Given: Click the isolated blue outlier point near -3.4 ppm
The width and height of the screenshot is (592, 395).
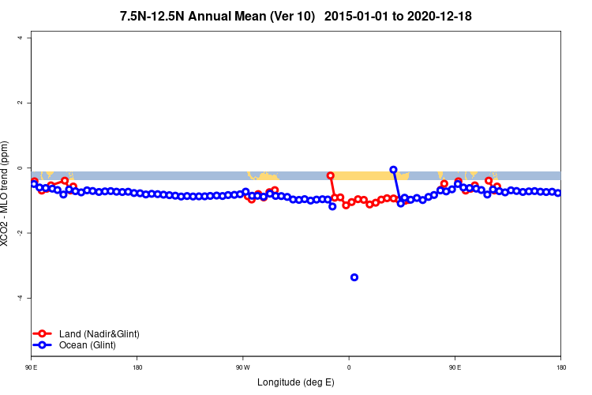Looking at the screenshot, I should click(x=354, y=277).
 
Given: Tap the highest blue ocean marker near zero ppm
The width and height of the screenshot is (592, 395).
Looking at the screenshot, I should click(x=393, y=170).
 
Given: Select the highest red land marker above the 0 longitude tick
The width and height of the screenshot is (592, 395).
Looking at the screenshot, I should click(x=331, y=175).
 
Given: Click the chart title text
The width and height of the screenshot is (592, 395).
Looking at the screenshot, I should click(x=295, y=16).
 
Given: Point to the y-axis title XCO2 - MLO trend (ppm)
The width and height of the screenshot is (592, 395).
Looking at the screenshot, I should click(x=6, y=194).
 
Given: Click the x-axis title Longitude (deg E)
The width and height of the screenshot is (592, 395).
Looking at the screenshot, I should click(x=296, y=382).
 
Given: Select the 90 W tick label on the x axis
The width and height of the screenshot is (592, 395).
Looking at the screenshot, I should click(x=242, y=368).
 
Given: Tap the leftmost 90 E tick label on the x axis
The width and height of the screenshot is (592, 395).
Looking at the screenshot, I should click(x=32, y=368).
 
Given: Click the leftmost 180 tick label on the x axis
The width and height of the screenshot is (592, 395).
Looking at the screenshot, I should click(x=137, y=368).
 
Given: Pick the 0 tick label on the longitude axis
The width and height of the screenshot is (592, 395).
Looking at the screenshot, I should click(x=349, y=368).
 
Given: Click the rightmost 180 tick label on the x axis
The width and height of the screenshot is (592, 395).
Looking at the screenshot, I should click(x=560, y=368).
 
